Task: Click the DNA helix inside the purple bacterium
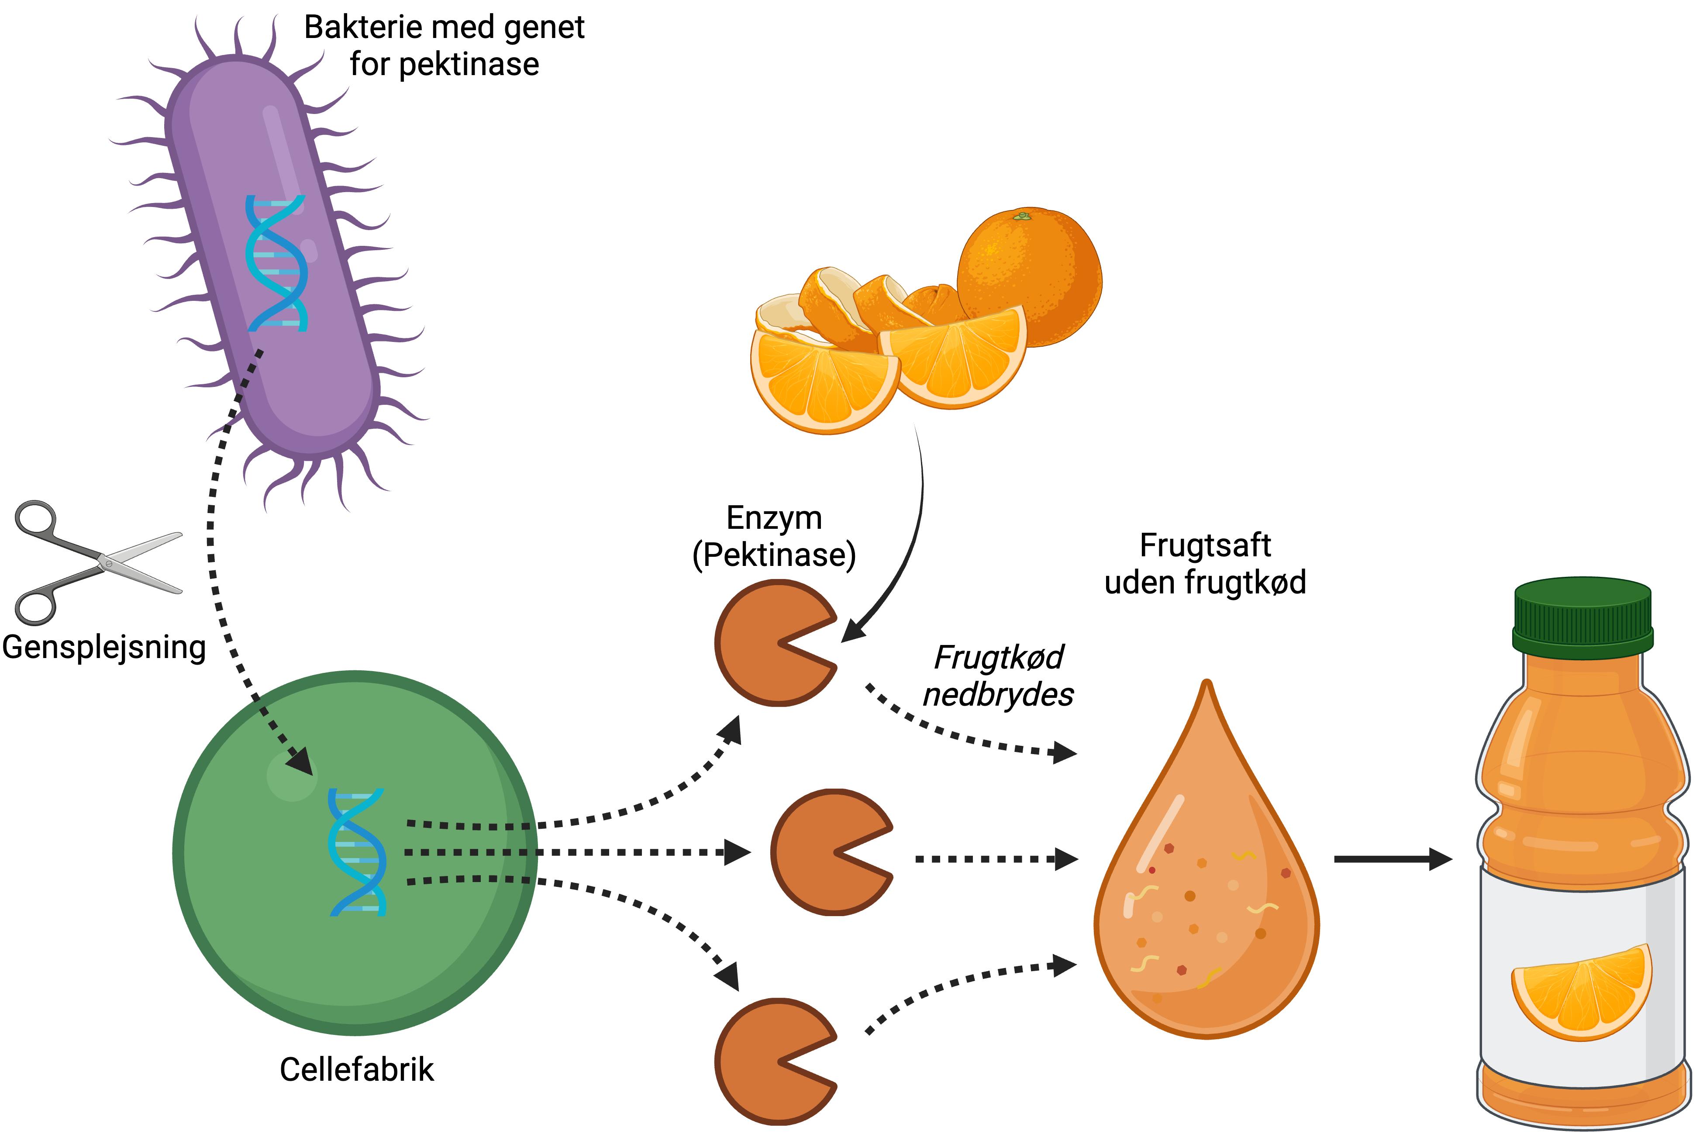tap(276, 263)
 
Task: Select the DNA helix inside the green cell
tap(356, 851)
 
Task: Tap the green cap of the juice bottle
tap(1583, 617)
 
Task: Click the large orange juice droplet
tap(1206, 895)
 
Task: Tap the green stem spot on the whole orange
tap(1022, 216)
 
